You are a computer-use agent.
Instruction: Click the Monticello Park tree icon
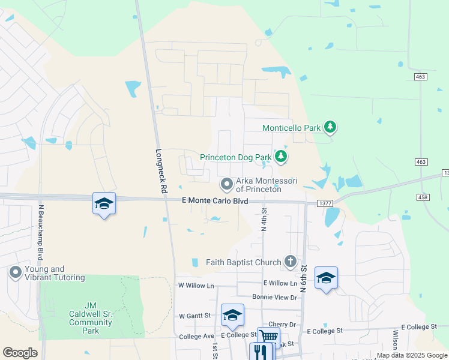pyautogui.click(x=329, y=127)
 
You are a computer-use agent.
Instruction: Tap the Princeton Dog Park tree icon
pyautogui.click(x=280, y=157)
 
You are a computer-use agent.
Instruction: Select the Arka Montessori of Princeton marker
pyautogui.click(x=226, y=183)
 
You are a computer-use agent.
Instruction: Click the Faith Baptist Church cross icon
pyautogui.click(x=291, y=262)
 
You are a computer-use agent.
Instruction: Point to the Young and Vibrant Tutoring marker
pyautogui.click(x=15, y=274)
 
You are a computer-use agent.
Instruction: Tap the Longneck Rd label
pyautogui.click(x=161, y=170)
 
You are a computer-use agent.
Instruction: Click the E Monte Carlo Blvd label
pyautogui.click(x=215, y=202)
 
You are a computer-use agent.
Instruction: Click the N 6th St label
pyautogui.click(x=304, y=278)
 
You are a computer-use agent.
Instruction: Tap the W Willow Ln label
pyautogui.click(x=196, y=286)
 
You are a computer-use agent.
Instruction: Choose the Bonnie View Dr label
pyautogui.click(x=275, y=297)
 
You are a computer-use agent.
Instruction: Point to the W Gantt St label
pyautogui.click(x=195, y=315)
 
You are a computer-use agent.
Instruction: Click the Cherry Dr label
pyautogui.click(x=283, y=324)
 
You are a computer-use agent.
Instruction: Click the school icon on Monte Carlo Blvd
pyautogui.click(x=104, y=203)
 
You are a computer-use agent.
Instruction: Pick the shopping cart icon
pyautogui.click(x=268, y=337)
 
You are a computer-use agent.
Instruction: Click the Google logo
pyautogui.click(x=20, y=353)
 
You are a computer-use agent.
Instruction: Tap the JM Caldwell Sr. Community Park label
pyautogui.click(x=91, y=322)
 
